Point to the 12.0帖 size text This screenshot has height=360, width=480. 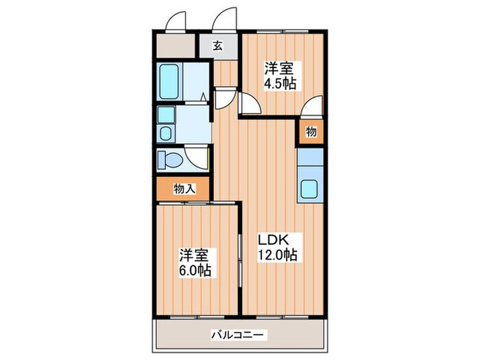pyautogui.click(x=277, y=255)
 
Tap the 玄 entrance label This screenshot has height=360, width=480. pyautogui.click(x=217, y=47)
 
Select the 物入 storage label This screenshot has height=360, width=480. pyautogui.click(x=183, y=188)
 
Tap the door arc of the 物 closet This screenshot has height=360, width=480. pyautogui.click(x=311, y=108)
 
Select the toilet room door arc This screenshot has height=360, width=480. pyautogui.click(x=200, y=159)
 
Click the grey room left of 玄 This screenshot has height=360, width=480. pyautogui.click(x=176, y=47)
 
